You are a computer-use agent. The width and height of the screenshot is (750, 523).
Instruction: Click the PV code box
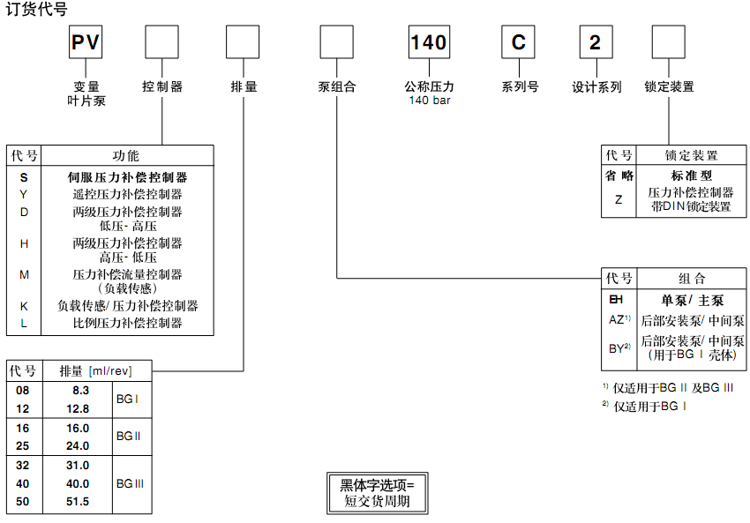86,42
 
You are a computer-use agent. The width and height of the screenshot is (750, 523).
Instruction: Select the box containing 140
429,42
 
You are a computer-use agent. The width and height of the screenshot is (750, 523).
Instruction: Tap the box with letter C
519,42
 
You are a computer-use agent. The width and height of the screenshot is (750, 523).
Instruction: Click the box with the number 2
596,42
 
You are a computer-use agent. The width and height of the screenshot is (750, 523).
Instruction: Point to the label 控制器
162,87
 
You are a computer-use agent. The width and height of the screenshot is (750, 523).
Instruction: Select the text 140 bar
429,101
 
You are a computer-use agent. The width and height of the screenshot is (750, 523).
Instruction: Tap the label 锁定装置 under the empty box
669,87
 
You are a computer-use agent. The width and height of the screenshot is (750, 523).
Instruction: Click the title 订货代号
36,10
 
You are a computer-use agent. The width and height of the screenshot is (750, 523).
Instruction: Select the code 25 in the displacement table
24,445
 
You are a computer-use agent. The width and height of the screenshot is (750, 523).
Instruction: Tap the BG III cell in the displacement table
130,483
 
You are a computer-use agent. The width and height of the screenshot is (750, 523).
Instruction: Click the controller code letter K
24,306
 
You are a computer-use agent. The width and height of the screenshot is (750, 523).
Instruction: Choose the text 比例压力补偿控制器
127,324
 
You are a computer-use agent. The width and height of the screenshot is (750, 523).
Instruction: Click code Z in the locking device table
619,199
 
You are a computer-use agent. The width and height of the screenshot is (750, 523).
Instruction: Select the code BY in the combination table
618,347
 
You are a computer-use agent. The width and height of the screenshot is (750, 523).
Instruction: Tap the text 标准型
692,176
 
